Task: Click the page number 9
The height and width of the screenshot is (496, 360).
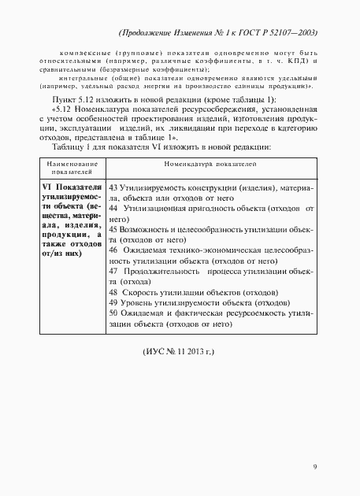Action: [x=314, y=467]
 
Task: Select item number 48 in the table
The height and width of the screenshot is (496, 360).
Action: [x=114, y=312]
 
